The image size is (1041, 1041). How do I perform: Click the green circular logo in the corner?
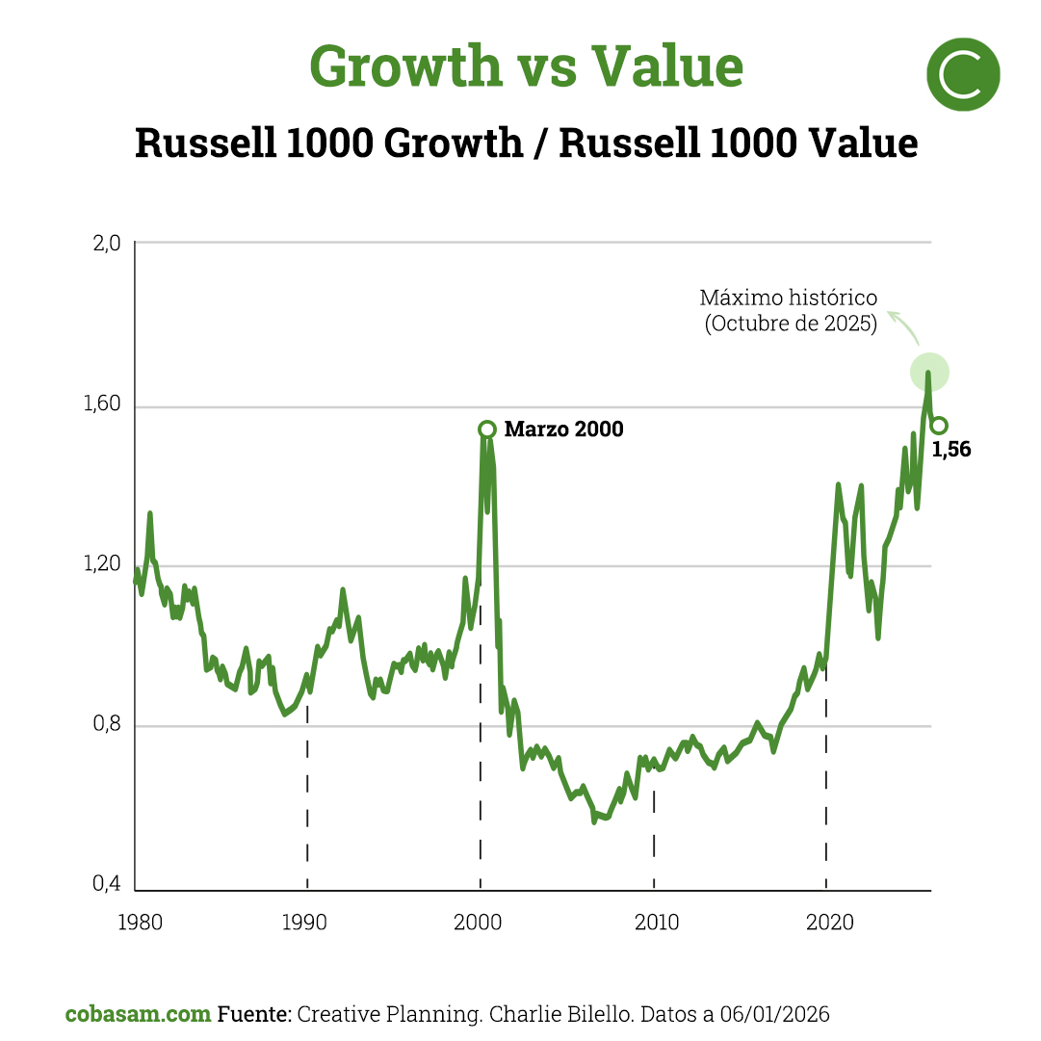pyautogui.click(x=962, y=74)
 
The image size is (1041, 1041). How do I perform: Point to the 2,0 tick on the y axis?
pyautogui.click(x=107, y=244)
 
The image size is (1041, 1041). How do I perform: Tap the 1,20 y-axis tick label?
pyautogui.click(x=104, y=566)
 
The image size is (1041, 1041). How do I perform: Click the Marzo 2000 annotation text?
pyautogui.click(x=563, y=429)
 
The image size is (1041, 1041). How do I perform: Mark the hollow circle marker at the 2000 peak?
pyautogui.click(x=487, y=429)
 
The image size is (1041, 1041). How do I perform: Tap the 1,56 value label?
pyautogui.click(x=951, y=449)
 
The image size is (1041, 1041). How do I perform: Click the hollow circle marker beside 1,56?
pyautogui.click(x=939, y=426)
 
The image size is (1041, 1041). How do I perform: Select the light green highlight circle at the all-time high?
pyautogui.click(x=929, y=372)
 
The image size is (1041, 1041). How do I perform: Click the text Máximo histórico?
pyautogui.click(x=789, y=299)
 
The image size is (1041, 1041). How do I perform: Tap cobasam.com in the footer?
pyautogui.click(x=138, y=1014)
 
